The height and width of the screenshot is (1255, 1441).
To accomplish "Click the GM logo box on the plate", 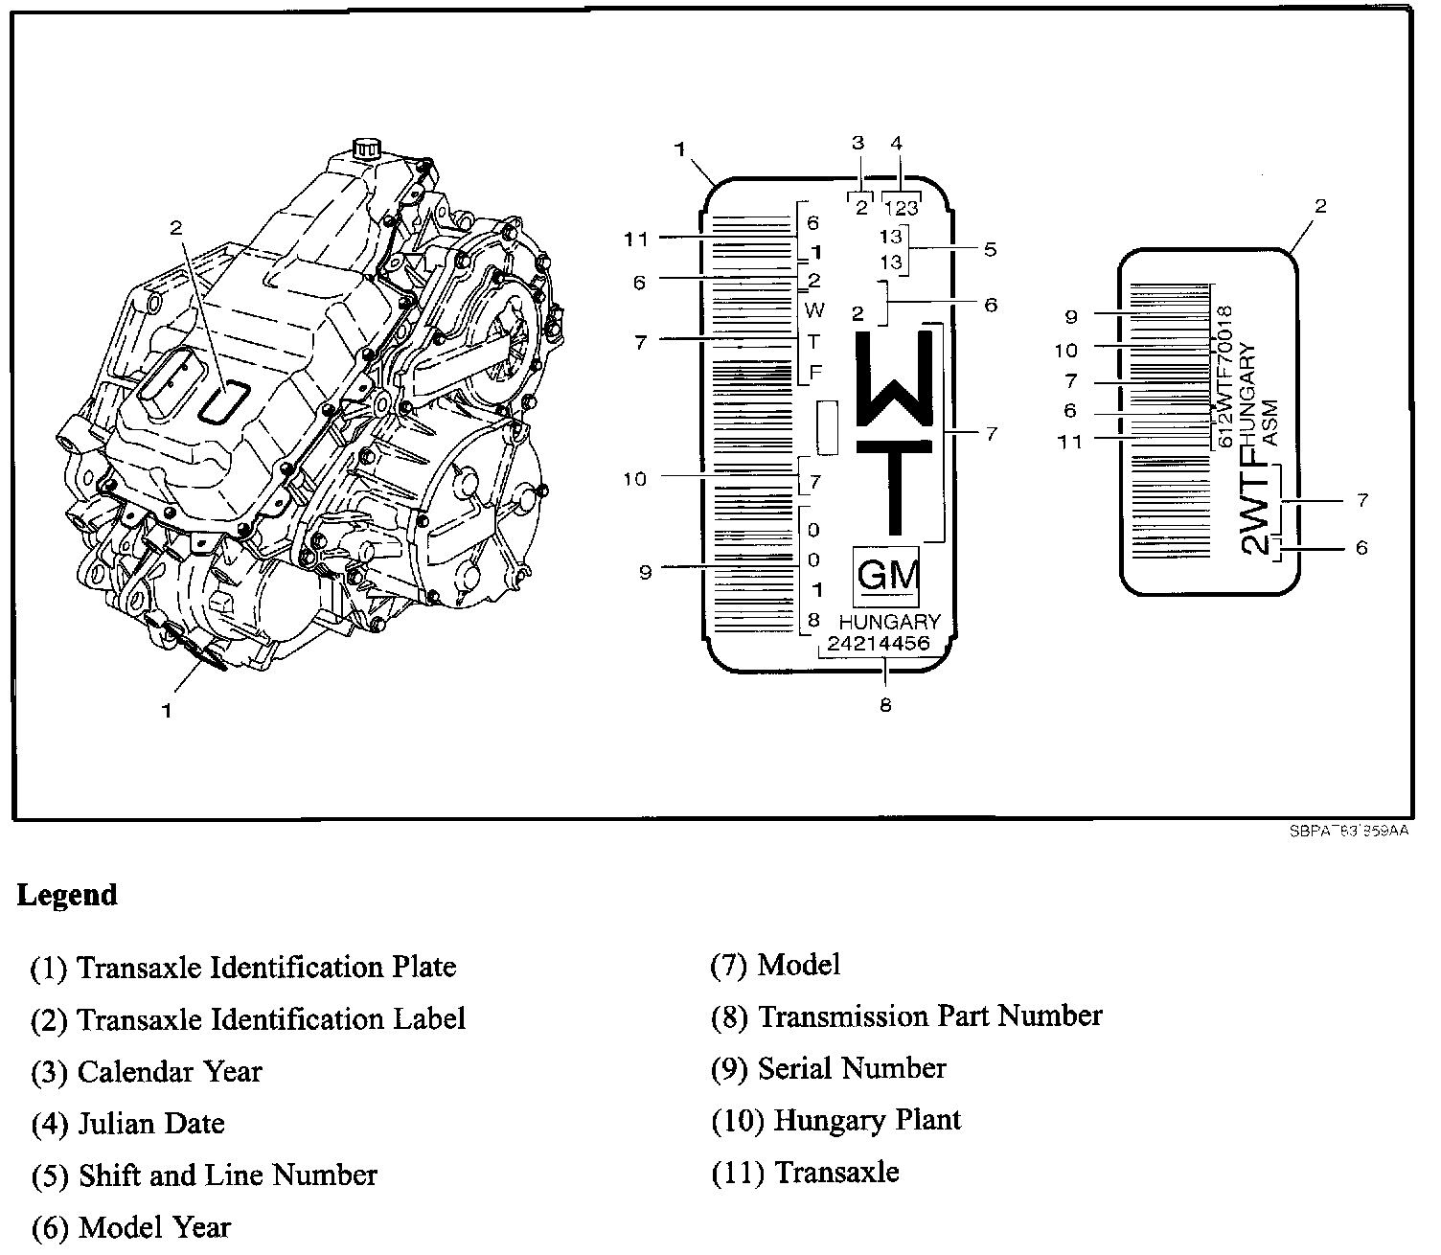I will [886, 577].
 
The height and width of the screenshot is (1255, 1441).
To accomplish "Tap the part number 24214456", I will [879, 644].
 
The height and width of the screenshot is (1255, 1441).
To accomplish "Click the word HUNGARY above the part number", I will [890, 622].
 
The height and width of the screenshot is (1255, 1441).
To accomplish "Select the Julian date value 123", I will [901, 207].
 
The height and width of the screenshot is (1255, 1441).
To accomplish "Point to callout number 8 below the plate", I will [885, 706].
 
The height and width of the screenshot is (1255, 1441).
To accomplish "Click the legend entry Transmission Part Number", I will [906, 1016].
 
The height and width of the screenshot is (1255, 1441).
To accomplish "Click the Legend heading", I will [67, 896].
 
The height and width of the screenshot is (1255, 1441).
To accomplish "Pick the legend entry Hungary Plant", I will [835, 1120].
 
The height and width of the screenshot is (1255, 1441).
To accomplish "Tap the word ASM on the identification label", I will [1271, 423].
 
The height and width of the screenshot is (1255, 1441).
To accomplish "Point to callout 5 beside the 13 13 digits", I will [990, 249].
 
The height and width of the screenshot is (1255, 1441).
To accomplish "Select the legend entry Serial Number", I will [829, 1068].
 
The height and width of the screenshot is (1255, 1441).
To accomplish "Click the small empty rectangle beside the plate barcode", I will [827, 427].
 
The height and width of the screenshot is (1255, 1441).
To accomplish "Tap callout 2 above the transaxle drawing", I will [175, 227].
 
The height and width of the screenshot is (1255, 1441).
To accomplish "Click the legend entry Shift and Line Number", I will [204, 1175].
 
